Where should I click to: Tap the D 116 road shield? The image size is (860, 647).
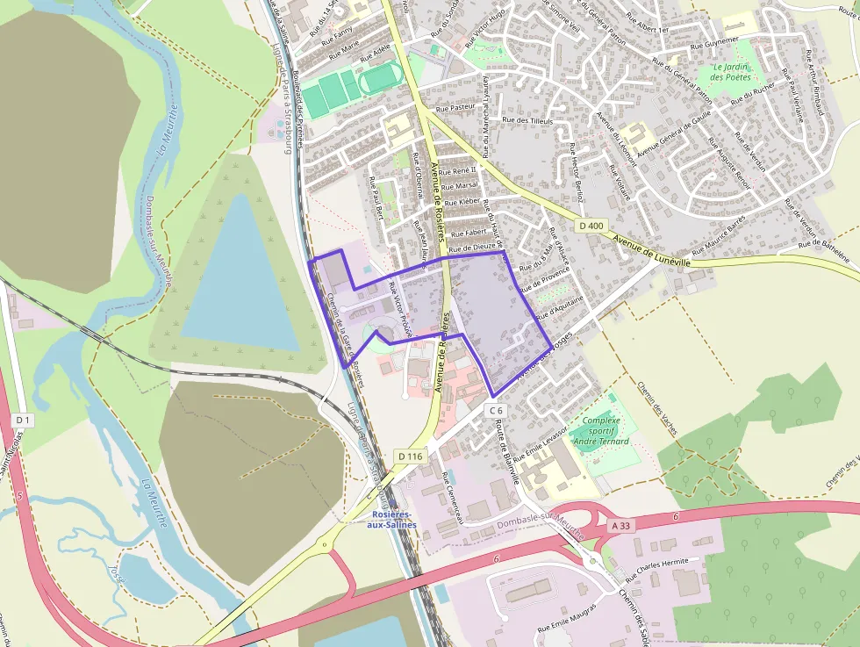410,456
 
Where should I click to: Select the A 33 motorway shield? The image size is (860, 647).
620,525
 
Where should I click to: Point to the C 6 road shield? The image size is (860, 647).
496,410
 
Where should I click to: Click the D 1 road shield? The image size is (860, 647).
23,421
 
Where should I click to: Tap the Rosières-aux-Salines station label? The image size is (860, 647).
393,519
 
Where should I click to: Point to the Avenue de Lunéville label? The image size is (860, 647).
651,251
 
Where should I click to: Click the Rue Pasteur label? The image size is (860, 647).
455,108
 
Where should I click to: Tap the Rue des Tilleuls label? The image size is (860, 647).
527,120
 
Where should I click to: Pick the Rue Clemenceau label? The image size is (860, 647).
455,498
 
